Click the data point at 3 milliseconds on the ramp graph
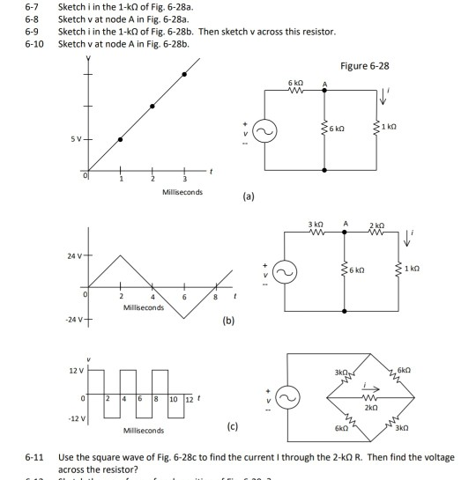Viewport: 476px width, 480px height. pos(183,74)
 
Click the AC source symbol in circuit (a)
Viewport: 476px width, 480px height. pos(263,130)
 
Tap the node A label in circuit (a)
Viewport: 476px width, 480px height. pos(325,84)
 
